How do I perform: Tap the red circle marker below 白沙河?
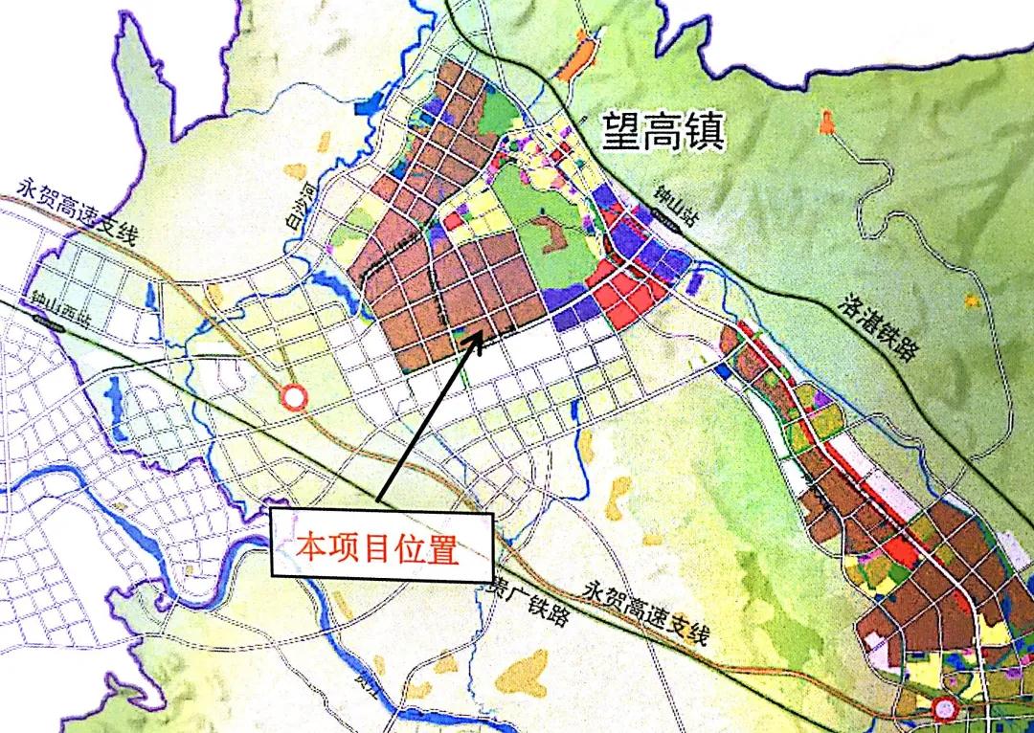pos(293,396)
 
